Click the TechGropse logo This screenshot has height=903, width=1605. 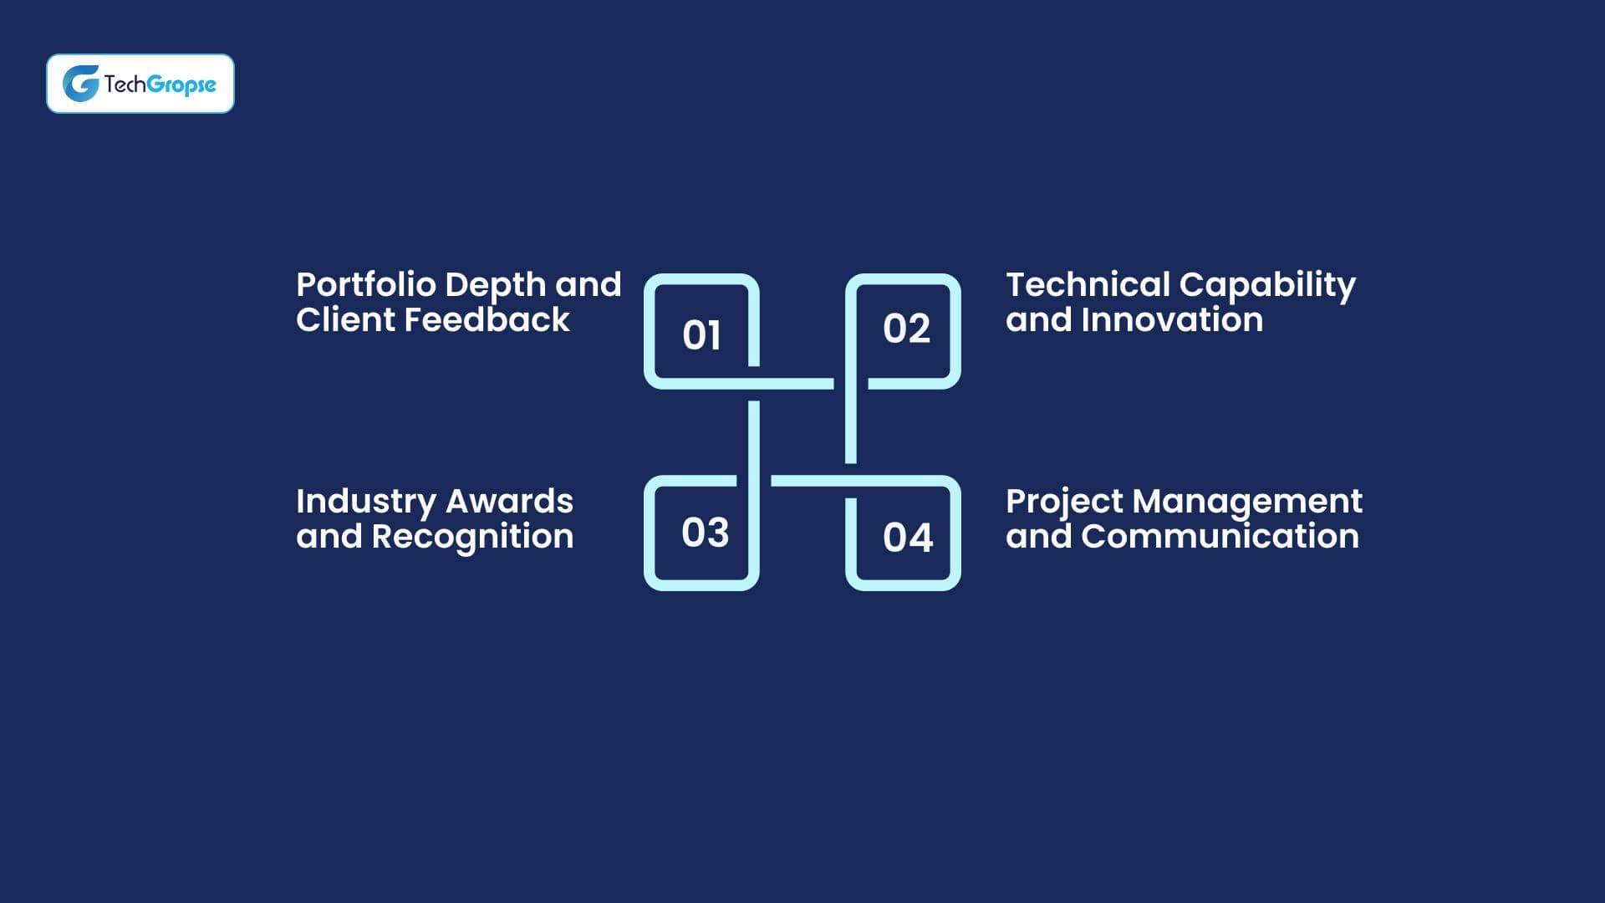point(140,84)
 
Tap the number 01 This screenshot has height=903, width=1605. point(701,335)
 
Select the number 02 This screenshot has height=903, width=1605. point(906,329)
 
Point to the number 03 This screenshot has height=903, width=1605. point(705,533)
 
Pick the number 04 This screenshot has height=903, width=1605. point(908,538)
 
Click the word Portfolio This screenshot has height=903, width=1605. point(366,284)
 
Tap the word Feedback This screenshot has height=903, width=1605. point(487,319)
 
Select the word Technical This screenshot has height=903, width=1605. point(1088,284)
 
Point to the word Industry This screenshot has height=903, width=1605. point(366,502)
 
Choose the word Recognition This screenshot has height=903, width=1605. point(472,537)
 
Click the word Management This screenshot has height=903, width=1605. point(1247,502)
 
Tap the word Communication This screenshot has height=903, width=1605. point(1220,536)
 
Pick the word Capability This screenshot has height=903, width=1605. point(1267,286)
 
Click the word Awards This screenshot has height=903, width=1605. point(509,502)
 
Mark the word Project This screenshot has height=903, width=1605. point(1064,502)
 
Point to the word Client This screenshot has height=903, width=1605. point(346,319)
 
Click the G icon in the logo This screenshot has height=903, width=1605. point(81,84)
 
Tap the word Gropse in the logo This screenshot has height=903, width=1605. point(181,85)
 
